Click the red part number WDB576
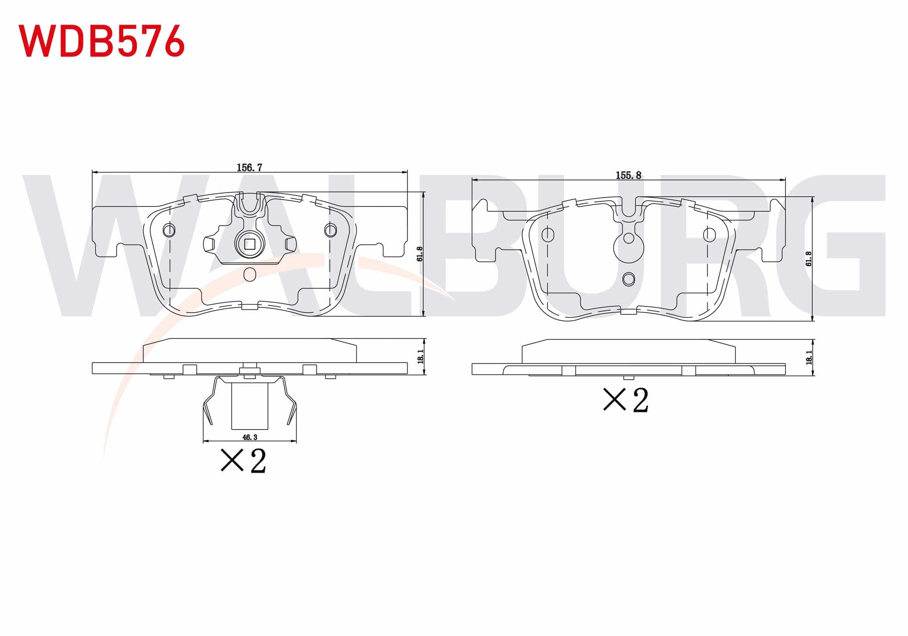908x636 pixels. coord(101,41)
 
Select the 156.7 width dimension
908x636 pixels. coord(249,167)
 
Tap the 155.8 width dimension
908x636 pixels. coord(628,175)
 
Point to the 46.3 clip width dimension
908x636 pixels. coord(249,437)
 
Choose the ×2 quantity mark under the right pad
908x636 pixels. coord(626,400)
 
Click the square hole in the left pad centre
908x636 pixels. coord(249,244)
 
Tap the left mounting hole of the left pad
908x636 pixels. coord(169,230)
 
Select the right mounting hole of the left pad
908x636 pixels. coord(330,230)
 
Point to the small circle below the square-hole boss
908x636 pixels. coord(249,274)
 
